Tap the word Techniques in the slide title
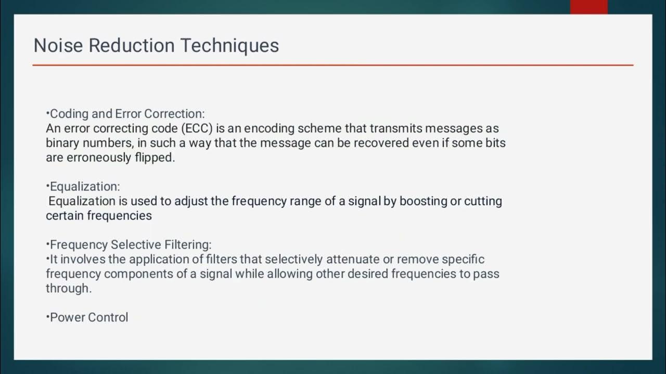(229, 46)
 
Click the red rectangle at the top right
(588, 7)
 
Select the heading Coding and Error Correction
(126, 114)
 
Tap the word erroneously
(97, 157)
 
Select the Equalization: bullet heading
(84, 186)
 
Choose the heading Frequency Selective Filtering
(130, 245)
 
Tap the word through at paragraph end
(68, 288)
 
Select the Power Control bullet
(88, 317)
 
